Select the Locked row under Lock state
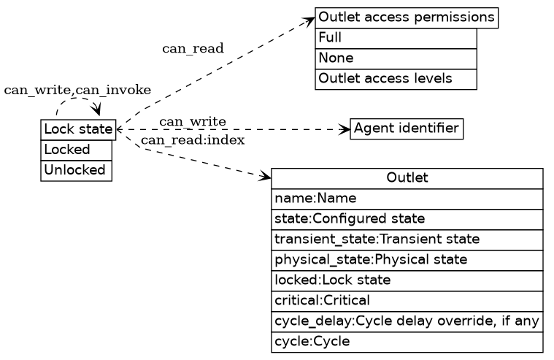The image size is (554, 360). click(77, 150)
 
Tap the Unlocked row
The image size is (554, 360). click(77, 170)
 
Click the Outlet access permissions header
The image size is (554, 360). click(407, 17)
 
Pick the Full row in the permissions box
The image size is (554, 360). click(396, 37)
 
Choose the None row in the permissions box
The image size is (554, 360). click(396, 58)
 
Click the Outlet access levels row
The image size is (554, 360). click(396, 78)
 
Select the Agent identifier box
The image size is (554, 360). click(407, 129)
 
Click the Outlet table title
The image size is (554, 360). click(407, 178)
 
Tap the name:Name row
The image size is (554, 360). click(407, 199)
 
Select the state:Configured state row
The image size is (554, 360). click(407, 219)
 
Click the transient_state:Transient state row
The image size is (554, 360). click(407, 240)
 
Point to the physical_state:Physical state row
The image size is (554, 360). click(407, 260)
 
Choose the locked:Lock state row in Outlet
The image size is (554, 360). click(407, 280)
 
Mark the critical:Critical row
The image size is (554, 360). click(407, 301)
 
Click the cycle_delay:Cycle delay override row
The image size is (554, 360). click(407, 321)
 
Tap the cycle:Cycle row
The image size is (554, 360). click(407, 342)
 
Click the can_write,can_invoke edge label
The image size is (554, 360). click(77, 90)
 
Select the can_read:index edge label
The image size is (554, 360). click(193, 140)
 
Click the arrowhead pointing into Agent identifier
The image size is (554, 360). click(346, 130)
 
